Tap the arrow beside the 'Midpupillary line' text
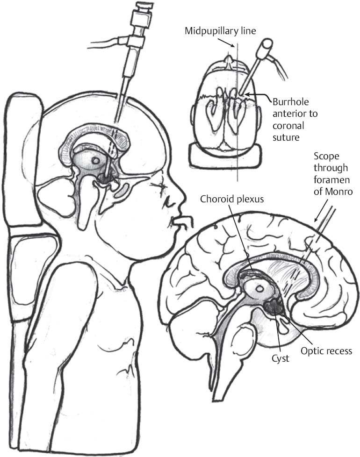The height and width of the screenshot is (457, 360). coord(230,43)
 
